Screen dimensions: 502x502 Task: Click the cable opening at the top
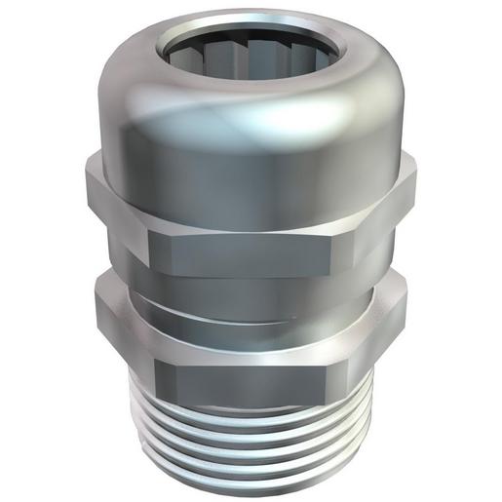(x=251, y=49)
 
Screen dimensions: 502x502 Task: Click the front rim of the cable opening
(x=251, y=77)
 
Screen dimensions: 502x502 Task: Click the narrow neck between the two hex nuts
(x=251, y=292)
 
